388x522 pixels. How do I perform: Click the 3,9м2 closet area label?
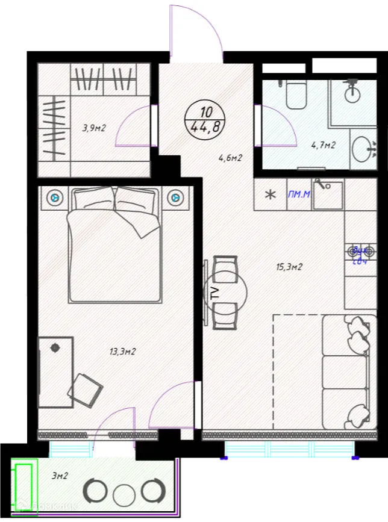click(94, 127)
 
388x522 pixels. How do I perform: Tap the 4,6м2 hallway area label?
click(230, 159)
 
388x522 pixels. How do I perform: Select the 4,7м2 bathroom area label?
click(322, 145)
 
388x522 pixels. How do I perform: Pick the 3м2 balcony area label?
click(59, 476)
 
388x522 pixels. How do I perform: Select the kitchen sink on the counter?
click(328, 194)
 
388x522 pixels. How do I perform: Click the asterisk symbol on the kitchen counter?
click(271, 195)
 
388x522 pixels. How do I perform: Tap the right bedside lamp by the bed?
click(175, 196)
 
